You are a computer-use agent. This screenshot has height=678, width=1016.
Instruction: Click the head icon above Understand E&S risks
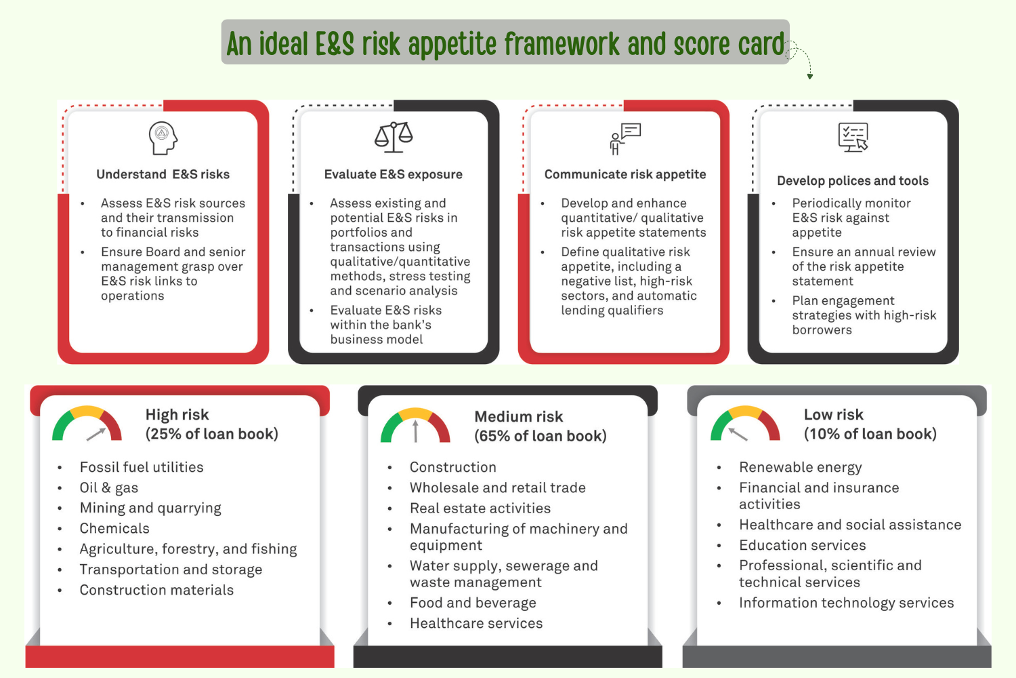[x=163, y=138]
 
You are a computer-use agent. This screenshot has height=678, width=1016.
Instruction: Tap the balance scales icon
[x=394, y=137]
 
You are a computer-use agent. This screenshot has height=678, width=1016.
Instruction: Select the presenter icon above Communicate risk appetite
[x=625, y=139]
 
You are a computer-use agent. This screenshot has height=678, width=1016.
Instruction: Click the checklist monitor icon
[x=853, y=138]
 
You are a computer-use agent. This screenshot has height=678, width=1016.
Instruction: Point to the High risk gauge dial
[x=87, y=426]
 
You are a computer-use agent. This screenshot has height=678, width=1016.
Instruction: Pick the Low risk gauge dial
[x=745, y=425]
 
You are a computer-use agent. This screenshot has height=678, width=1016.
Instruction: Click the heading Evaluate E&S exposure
[x=393, y=174]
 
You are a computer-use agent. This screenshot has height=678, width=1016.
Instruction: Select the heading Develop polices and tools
[x=852, y=181]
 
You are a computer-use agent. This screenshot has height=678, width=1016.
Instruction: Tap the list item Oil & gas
[x=109, y=487]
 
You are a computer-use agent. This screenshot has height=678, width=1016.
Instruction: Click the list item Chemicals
[x=114, y=528]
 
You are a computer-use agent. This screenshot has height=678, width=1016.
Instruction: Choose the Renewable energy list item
[x=800, y=467]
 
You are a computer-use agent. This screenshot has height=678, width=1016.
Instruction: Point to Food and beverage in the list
[x=473, y=603]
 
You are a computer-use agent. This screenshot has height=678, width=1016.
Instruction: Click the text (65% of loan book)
[x=540, y=436]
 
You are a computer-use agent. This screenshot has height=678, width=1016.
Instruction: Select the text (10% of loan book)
[x=870, y=434]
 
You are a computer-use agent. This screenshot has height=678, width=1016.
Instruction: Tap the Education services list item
[x=802, y=545]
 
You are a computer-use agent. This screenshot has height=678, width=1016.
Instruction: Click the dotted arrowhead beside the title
[x=809, y=77]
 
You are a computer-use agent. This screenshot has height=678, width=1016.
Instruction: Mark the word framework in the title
[x=562, y=44]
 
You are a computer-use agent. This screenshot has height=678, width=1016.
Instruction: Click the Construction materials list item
[x=156, y=590]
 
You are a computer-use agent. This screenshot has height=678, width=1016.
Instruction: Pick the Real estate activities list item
[x=480, y=508]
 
